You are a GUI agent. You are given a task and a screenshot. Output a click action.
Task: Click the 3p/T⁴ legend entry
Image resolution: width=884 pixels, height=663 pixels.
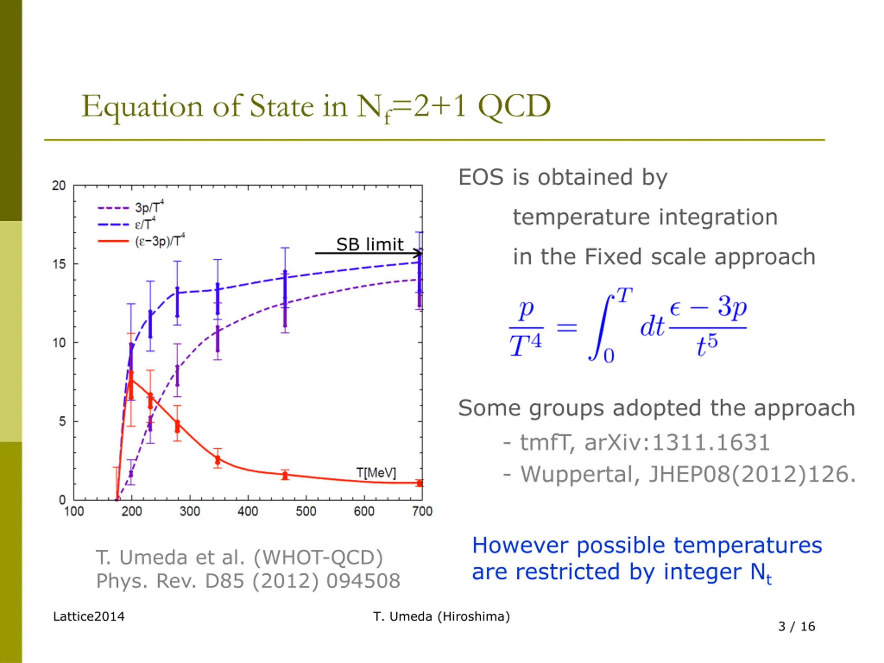point(149,208)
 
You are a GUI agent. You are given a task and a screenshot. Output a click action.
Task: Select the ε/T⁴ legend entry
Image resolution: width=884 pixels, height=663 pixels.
point(145,224)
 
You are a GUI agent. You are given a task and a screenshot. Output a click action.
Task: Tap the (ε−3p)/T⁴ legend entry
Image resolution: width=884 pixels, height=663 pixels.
point(160,241)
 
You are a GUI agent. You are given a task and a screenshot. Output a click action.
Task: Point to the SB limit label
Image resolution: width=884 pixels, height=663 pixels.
point(370,244)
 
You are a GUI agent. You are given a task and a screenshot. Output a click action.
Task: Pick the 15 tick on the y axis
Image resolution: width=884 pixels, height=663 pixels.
point(59,264)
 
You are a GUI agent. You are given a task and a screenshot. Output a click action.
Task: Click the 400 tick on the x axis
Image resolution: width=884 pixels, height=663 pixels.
point(248,511)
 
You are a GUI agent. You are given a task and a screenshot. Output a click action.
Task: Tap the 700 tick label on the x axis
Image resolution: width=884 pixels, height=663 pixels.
point(422,511)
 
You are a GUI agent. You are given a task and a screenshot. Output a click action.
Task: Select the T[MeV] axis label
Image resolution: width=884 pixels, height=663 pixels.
point(376,473)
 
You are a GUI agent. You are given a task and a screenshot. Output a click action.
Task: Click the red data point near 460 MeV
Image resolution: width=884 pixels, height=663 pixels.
point(285,475)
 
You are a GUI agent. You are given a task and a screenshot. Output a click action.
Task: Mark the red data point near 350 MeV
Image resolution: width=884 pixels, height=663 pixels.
point(218,460)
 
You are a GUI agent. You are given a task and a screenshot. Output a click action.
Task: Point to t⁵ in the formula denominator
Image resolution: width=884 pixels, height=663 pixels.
point(707,345)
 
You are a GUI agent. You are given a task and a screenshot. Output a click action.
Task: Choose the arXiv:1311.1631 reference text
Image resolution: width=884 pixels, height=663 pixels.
point(677,442)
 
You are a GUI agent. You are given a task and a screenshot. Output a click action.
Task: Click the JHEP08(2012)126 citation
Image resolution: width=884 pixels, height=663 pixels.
point(751,474)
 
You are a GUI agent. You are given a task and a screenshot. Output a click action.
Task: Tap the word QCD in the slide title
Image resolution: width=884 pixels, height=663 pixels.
point(514,106)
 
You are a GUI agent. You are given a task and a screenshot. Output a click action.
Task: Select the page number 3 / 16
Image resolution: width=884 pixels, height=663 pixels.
point(797,626)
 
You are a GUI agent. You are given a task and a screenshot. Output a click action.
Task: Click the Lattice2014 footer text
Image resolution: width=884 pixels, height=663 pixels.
point(89,617)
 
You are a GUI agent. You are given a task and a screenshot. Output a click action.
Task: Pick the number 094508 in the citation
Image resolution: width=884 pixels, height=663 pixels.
point(363,581)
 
